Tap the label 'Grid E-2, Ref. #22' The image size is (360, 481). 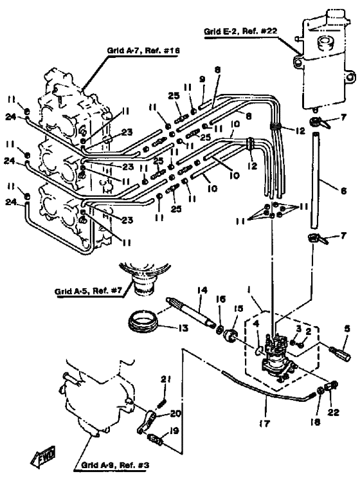(240, 31)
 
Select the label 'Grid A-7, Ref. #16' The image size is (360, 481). (143, 50)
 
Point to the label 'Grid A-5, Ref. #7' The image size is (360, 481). (88, 290)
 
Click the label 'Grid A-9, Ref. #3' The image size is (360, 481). (115, 465)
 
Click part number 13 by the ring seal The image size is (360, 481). (183, 328)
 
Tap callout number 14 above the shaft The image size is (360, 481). (203, 290)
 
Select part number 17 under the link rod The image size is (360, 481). (264, 423)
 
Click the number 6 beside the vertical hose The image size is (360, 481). (343, 190)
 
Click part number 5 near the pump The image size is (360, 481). (346, 329)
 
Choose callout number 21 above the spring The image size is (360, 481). (166, 379)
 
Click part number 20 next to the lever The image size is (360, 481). (175, 413)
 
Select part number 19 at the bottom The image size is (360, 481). (174, 431)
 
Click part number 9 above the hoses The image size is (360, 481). (202, 79)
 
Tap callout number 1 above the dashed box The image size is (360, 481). (249, 289)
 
